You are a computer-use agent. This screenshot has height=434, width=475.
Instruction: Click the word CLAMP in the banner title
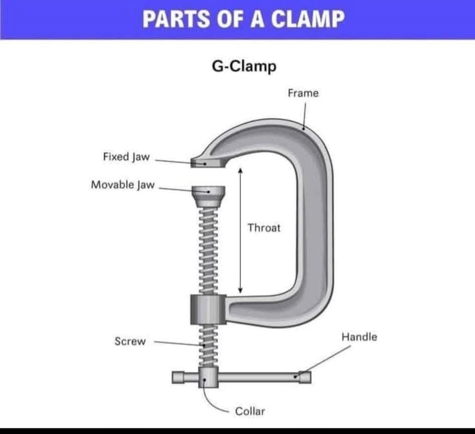308,19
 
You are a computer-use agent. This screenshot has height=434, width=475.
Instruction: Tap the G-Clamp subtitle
244,66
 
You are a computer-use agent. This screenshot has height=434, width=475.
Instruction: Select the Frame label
303,93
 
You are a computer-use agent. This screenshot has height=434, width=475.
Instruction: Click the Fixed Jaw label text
126,157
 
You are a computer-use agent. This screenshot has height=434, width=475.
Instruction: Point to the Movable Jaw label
123,185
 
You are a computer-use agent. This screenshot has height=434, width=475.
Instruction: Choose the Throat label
264,228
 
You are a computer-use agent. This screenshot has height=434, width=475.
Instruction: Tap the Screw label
130,341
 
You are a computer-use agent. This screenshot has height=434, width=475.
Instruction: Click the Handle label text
359,337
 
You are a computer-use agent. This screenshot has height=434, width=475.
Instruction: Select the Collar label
250,411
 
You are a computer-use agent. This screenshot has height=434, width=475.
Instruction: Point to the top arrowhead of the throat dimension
240,170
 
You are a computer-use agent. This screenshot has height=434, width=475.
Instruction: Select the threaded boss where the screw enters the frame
209,309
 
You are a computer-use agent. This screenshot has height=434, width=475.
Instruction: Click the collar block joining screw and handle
209,377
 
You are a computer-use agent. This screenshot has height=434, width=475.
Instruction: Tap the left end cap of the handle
178,377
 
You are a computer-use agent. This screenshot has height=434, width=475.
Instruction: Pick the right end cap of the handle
305,377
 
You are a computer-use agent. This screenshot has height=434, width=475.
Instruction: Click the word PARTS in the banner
176,19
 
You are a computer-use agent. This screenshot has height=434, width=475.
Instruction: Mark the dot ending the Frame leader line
303,129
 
